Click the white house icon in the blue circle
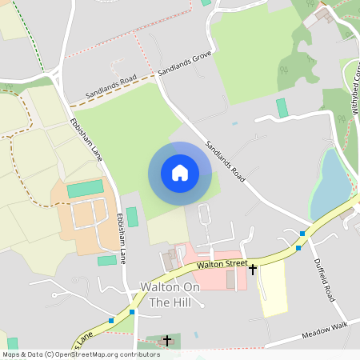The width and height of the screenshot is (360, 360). tap(180, 173)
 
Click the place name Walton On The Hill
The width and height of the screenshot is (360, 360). tap(169, 294)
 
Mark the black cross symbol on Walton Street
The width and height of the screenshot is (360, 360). tap(253, 270)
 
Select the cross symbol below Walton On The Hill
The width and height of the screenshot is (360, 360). tap(166, 342)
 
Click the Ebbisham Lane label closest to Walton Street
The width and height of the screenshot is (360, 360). tap(122, 238)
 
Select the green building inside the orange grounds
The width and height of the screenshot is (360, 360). tap(85, 189)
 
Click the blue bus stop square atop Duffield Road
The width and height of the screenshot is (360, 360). tap(302, 234)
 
